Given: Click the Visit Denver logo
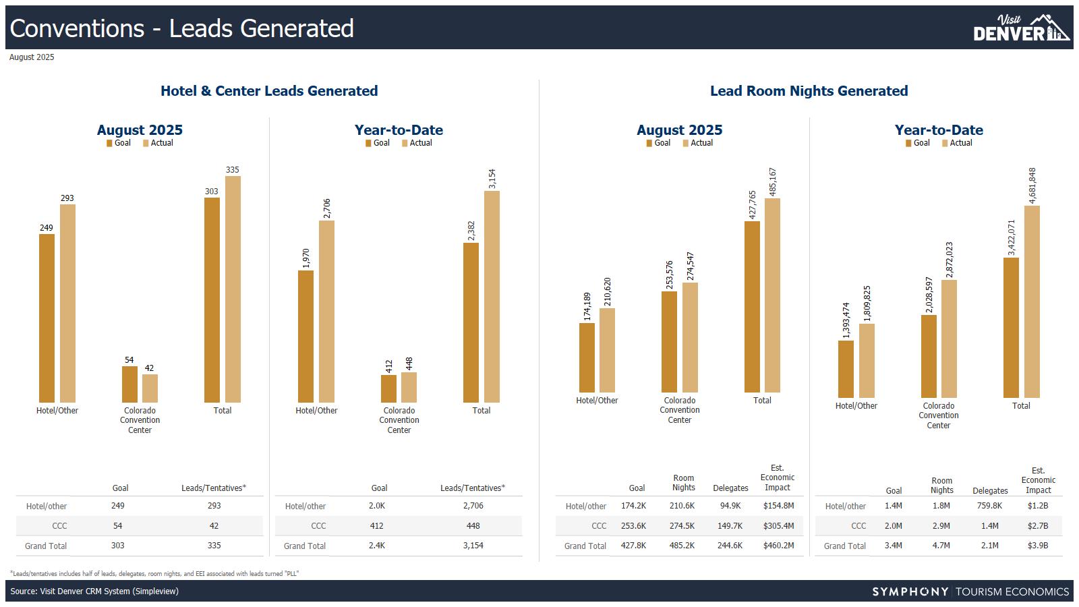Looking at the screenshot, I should point(1021,28).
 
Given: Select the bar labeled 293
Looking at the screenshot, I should point(67,303).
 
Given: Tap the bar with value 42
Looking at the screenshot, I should point(150,388).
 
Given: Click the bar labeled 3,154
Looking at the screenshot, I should point(492,297).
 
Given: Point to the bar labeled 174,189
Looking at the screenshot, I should point(587,357).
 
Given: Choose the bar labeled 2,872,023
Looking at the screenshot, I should point(949,339).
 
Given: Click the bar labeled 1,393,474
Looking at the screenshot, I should point(846,369).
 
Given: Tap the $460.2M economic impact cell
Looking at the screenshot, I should point(778,546).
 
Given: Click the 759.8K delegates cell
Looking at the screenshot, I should point(989,506).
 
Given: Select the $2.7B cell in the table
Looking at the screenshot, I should point(1038,525).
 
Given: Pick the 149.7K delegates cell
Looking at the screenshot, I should point(730,525).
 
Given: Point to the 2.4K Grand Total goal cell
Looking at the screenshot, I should point(377,546).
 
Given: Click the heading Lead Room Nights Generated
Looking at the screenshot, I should point(809,91).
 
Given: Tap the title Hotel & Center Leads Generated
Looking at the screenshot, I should point(269,91).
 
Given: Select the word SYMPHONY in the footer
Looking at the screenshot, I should point(910,591).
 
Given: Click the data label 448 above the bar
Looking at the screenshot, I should point(409,364).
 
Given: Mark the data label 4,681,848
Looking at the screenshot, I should point(1032,185).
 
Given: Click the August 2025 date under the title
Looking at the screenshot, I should point(32,57).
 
